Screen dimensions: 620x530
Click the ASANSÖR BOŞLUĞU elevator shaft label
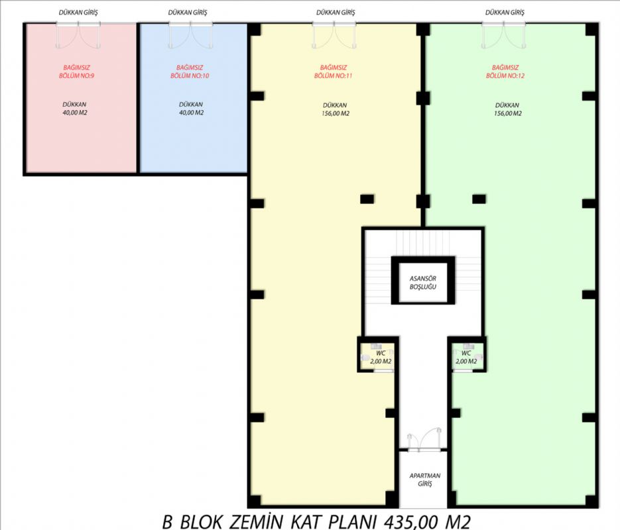pos(422,283)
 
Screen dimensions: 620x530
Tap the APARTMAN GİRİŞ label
pos(424,480)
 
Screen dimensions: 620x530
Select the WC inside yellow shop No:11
pos(381,353)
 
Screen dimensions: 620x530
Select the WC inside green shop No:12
pos(466,353)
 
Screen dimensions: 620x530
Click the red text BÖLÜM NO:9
pos(77,76)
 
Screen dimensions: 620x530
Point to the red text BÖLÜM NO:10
pos(190,76)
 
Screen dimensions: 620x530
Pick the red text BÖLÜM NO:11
pos(334,76)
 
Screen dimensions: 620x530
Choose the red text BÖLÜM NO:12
pos(505,76)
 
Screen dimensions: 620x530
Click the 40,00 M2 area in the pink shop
pos(75,113)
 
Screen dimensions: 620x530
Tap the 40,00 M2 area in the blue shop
pos(192,113)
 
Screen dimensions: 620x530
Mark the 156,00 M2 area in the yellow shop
pos(336,113)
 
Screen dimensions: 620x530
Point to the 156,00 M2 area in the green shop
pos(508,113)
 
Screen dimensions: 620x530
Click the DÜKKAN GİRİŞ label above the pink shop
pos(78,12)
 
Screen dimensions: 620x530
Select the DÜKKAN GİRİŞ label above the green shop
pos(505,12)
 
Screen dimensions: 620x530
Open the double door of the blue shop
pos(190,36)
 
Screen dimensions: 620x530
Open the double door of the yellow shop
pos(334,36)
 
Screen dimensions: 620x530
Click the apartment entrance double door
pos(425,440)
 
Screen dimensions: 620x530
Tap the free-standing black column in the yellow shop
pos(367,199)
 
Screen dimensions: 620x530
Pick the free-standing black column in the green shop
pos(479,199)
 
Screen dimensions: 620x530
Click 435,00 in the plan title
pos(411,521)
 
